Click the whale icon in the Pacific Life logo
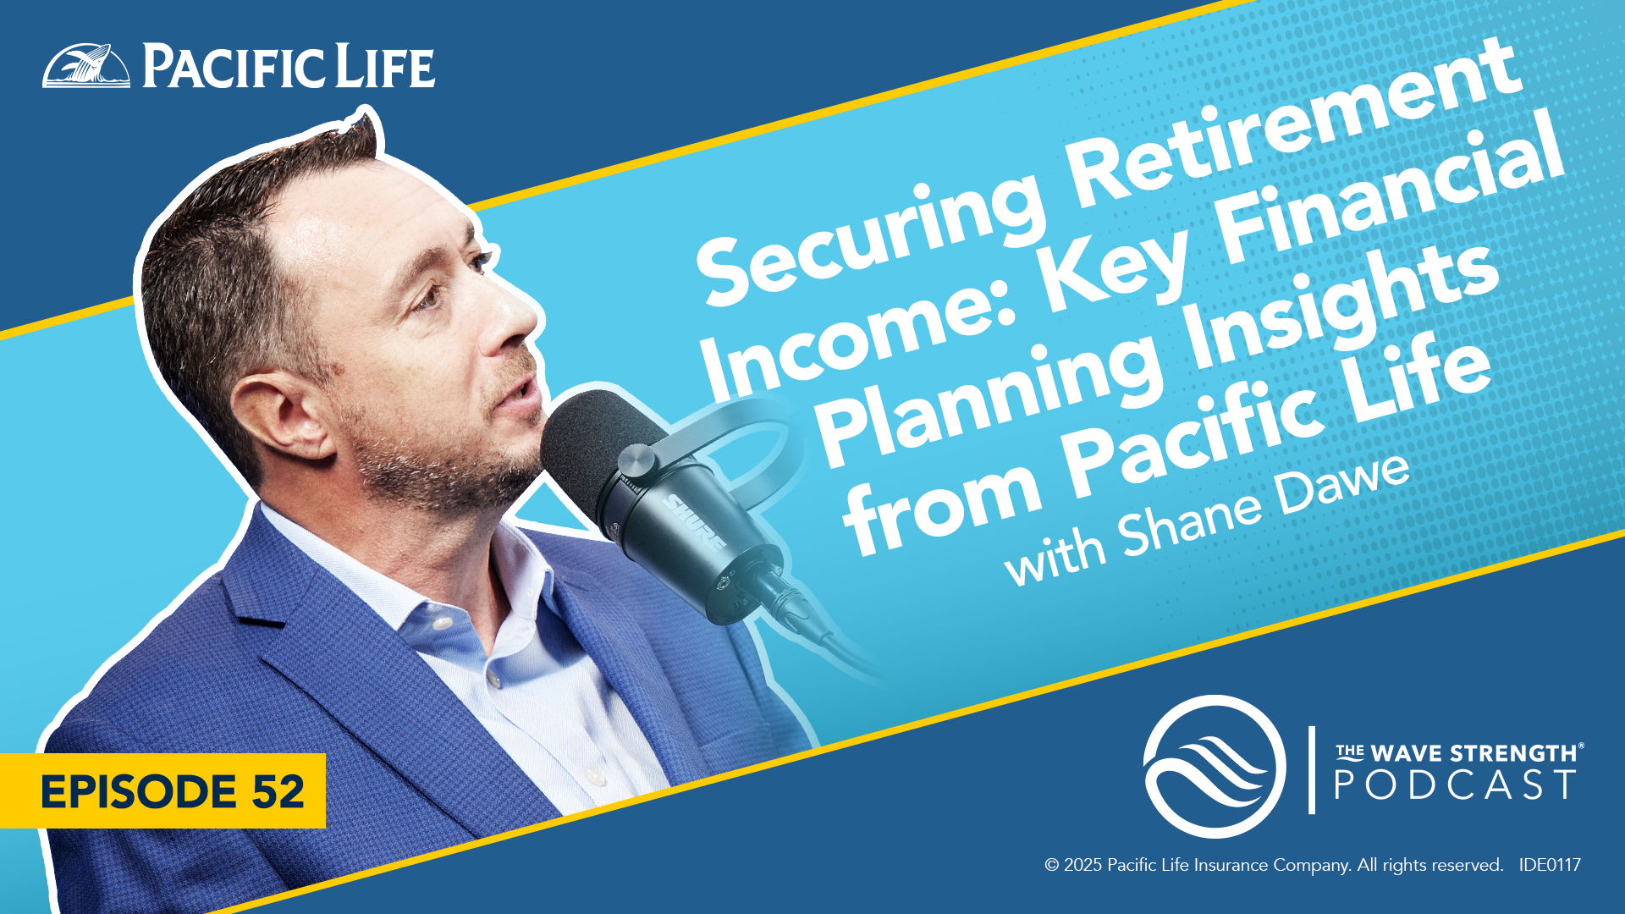pyautogui.click(x=86, y=65)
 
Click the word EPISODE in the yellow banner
pyautogui.click(x=139, y=791)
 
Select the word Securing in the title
pyautogui.click(x=872, y=233)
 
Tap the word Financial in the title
pyautogui.click(x=1388, y=199)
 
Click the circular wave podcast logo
pyautogui.click(x=1215, y=767)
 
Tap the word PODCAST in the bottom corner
pyautogui.click(x=1455, y=785)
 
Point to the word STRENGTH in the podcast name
pyautogui.click(x=1516, y=753)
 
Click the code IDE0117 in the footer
pyautogui.click(x=1550, y=865)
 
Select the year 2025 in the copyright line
pyautogui.click(x=1083, y=865)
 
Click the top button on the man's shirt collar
pyautogui.click(x=439, y=624)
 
